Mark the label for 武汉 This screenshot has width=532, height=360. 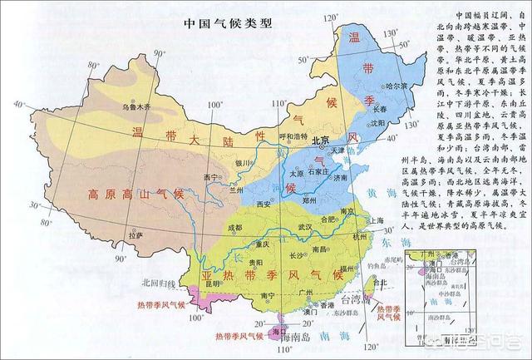coord(303,226)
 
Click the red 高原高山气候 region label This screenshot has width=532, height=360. coord(133,194)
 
